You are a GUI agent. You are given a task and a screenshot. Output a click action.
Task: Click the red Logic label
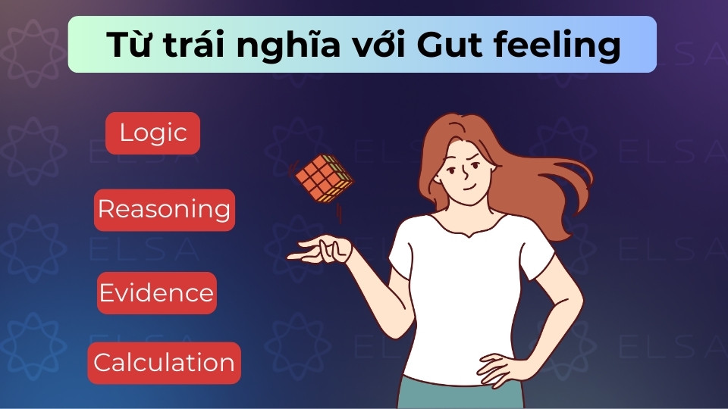(x=152, y=133)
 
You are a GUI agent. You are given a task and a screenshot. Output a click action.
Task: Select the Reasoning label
(x=164, y=209)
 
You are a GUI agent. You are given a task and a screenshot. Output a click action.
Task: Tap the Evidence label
(x=156, y=293)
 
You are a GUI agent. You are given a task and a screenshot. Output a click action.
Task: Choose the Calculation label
(x=164, y=363)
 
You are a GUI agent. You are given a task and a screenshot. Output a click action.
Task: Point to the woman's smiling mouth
(x=469, y=188)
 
